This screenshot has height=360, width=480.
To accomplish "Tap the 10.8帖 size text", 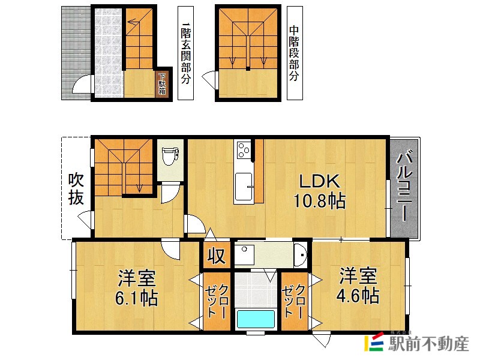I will [319, 201].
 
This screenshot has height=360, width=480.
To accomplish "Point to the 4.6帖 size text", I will [358, 295].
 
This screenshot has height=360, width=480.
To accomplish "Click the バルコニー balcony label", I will [404, 186].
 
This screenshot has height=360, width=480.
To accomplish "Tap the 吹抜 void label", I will [76, 189].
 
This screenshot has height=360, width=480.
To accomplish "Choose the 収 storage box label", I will [216, 256].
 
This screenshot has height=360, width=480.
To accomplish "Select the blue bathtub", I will [255, 319].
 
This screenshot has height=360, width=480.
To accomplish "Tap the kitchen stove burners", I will [244, 149].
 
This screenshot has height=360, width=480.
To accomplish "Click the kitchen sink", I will [244, 187].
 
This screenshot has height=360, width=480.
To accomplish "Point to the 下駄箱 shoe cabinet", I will [162, 84].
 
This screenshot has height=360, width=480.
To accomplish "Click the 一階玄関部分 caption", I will [185, 53].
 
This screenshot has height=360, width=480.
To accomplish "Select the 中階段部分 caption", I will [294, 53].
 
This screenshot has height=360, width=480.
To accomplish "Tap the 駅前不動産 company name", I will [428, 344].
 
